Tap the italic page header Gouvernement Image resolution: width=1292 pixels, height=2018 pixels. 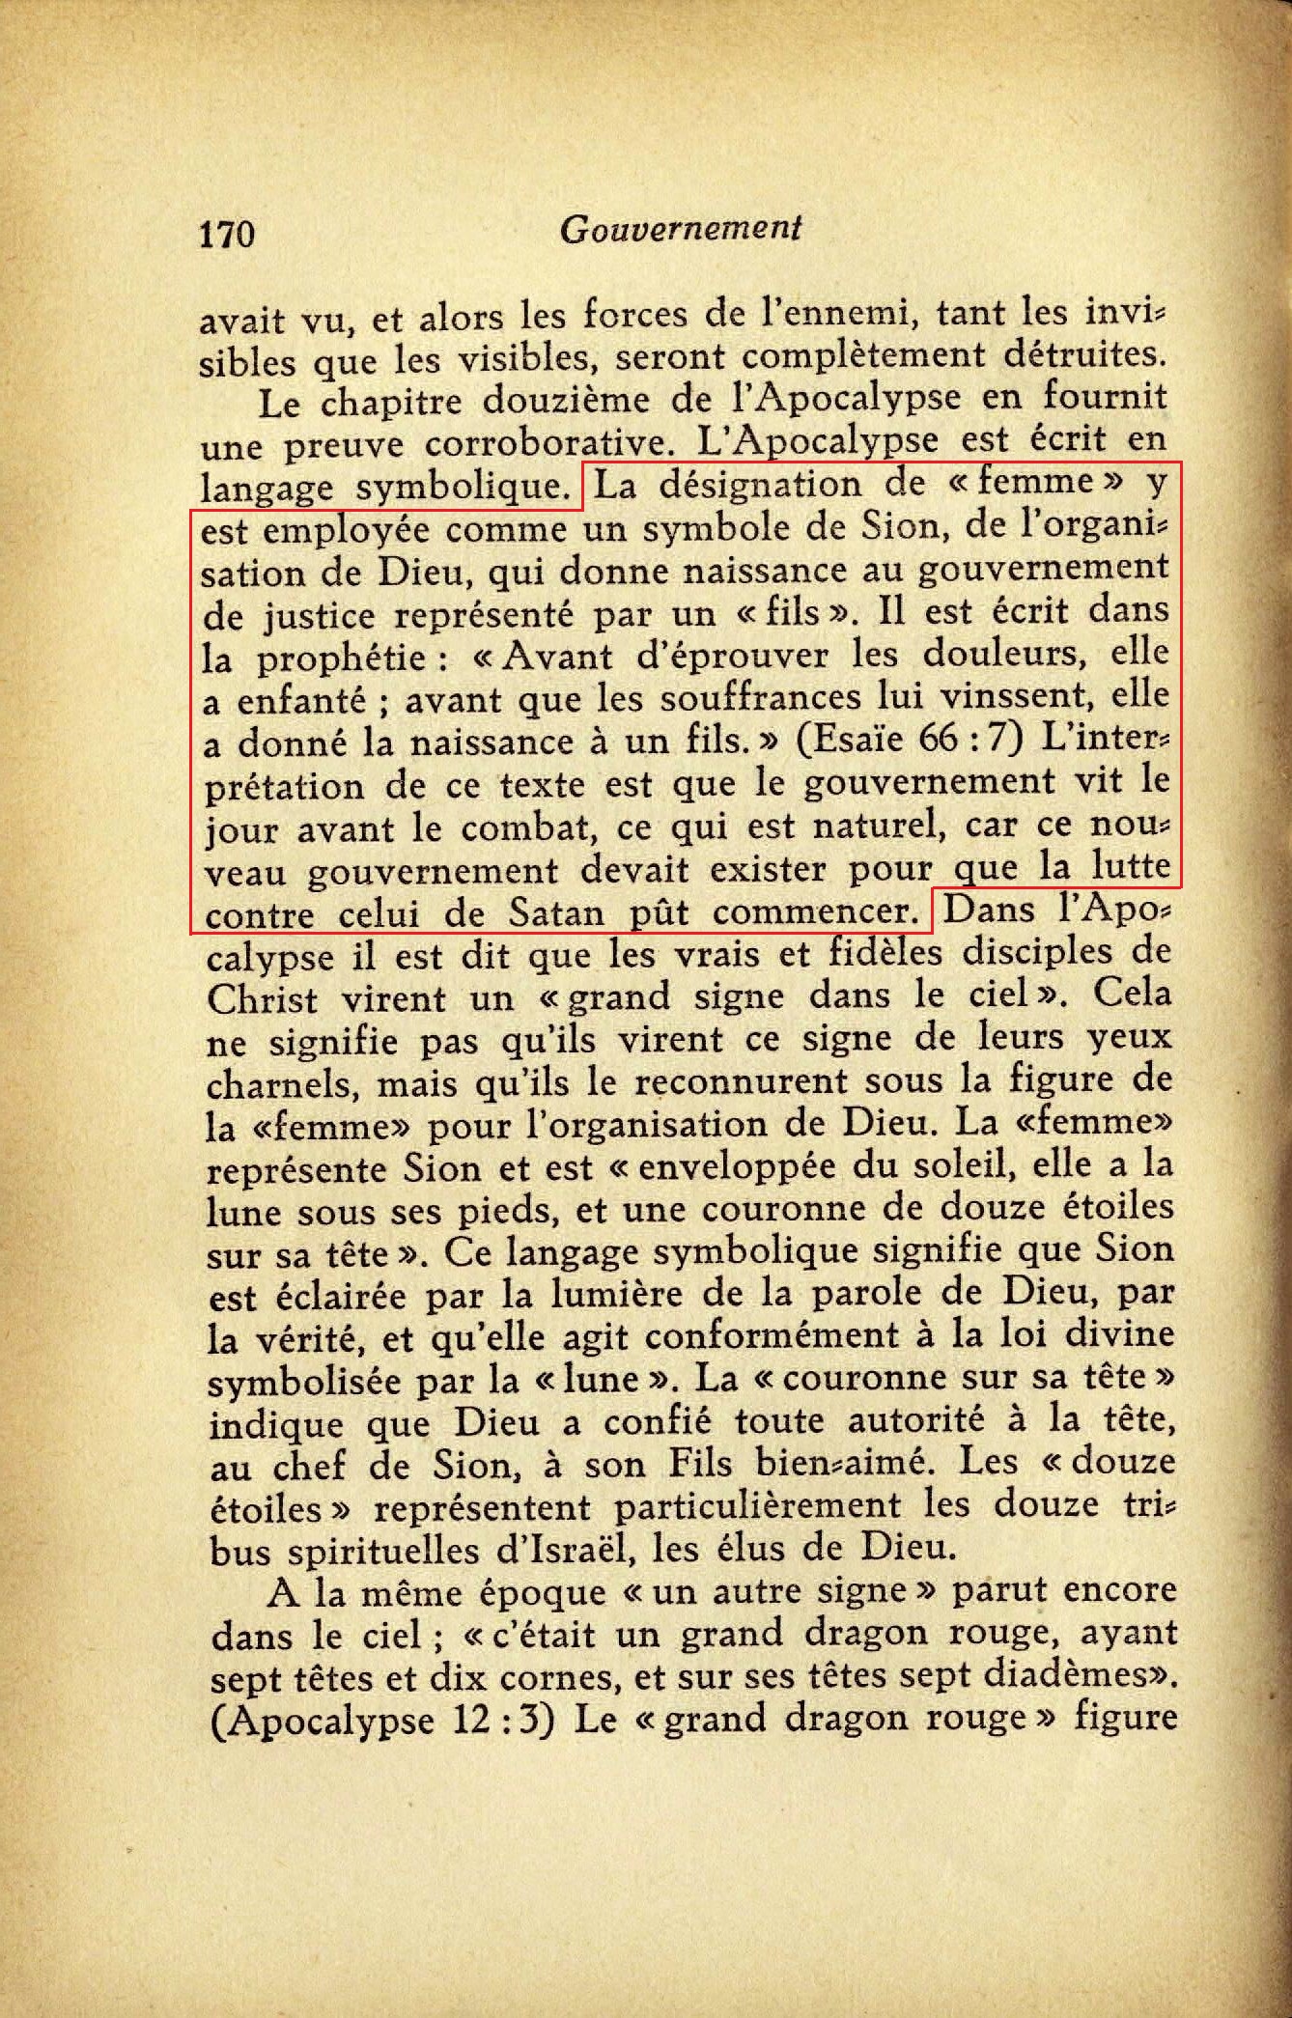pyautogui.click(x=681, y=229)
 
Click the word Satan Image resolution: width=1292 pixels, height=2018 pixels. pyautogui.click(x=557, y=912)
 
